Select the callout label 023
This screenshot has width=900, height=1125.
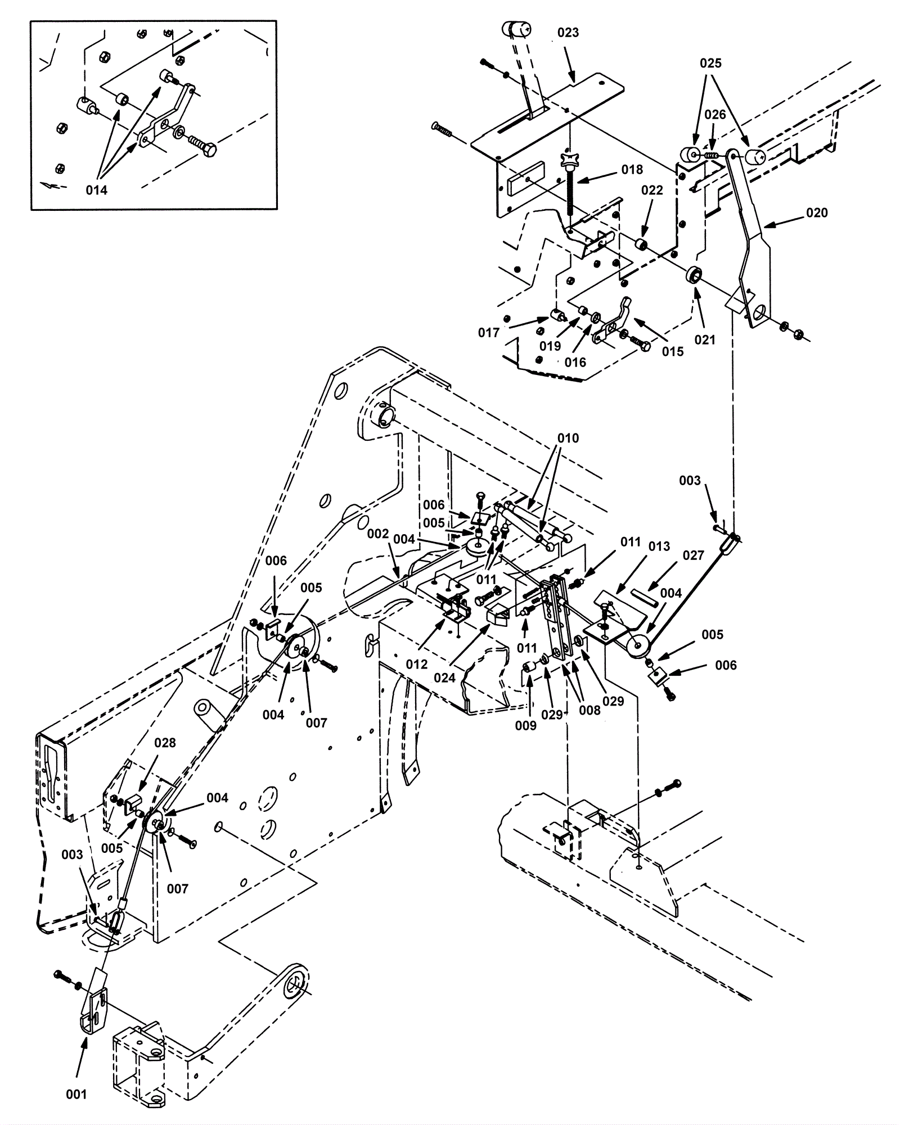(568, 33)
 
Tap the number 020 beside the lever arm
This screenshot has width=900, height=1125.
(817, 213)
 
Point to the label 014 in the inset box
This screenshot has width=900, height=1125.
(97, 190)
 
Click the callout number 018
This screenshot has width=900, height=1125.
(632, 169)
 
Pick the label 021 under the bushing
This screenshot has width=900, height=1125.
(704, 340)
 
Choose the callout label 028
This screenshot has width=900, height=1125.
(165, 743)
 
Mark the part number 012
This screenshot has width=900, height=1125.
(417, 664)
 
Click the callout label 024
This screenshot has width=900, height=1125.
(444, 678)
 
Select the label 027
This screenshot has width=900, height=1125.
(693, 555)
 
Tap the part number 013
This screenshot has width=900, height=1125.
(659, 546)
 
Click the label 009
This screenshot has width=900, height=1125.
(526, 726)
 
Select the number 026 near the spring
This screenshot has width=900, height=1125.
(715, 115)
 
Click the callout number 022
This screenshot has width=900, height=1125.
(652, 190)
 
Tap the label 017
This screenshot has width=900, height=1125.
(489, 333)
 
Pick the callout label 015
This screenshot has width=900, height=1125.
(672, 351)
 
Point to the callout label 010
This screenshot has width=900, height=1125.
(568, 438)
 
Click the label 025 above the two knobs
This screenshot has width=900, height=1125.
(710, 63)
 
